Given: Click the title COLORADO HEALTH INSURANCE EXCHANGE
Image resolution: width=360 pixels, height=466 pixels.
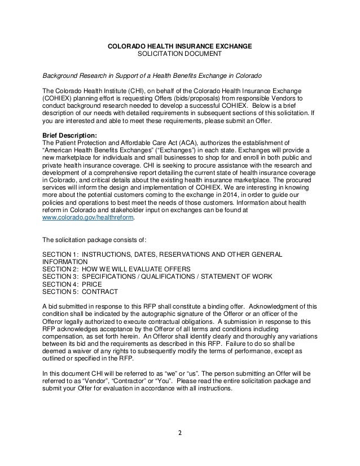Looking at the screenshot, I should click(180, 45).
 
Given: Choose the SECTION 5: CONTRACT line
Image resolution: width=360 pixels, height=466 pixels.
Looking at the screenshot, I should click(80, 292).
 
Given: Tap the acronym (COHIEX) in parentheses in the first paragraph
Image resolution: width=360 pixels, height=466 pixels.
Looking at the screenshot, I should click(59, 98).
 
